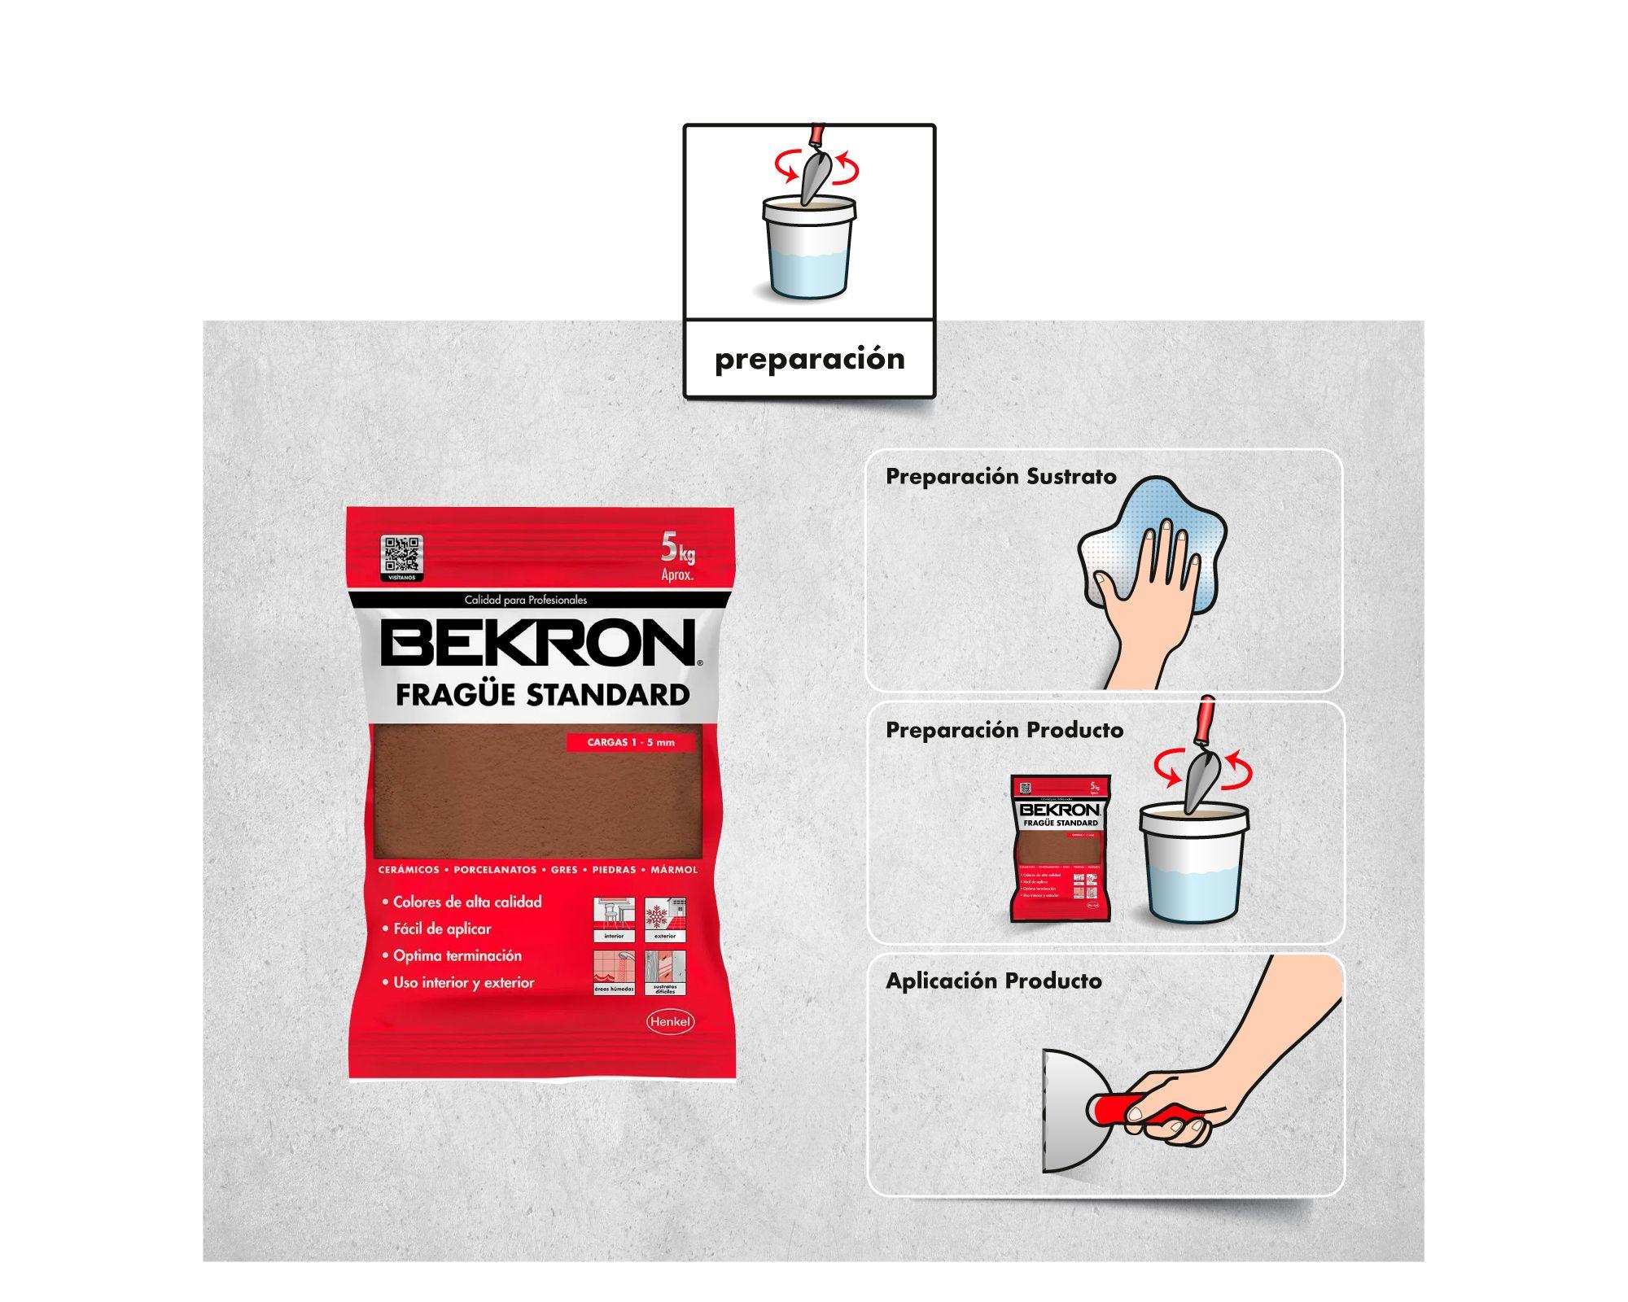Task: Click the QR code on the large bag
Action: click(402, 555)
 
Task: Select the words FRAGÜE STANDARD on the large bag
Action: click(542, 695)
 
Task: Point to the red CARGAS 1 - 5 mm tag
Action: click(631, 742)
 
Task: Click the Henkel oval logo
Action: click(669, 1022)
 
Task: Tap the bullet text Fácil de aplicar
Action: click(442, 928)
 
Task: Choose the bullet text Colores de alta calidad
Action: click(467, 902)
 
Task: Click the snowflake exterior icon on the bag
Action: click(665, 917)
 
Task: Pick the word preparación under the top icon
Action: click(809, 359)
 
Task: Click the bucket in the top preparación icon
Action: click(809, 248)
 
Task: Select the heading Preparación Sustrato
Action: click(1000, 476)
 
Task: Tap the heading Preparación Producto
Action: click(1004, 730)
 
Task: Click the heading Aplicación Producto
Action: click(993, 981)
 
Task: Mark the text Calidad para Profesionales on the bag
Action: click(525, 600)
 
